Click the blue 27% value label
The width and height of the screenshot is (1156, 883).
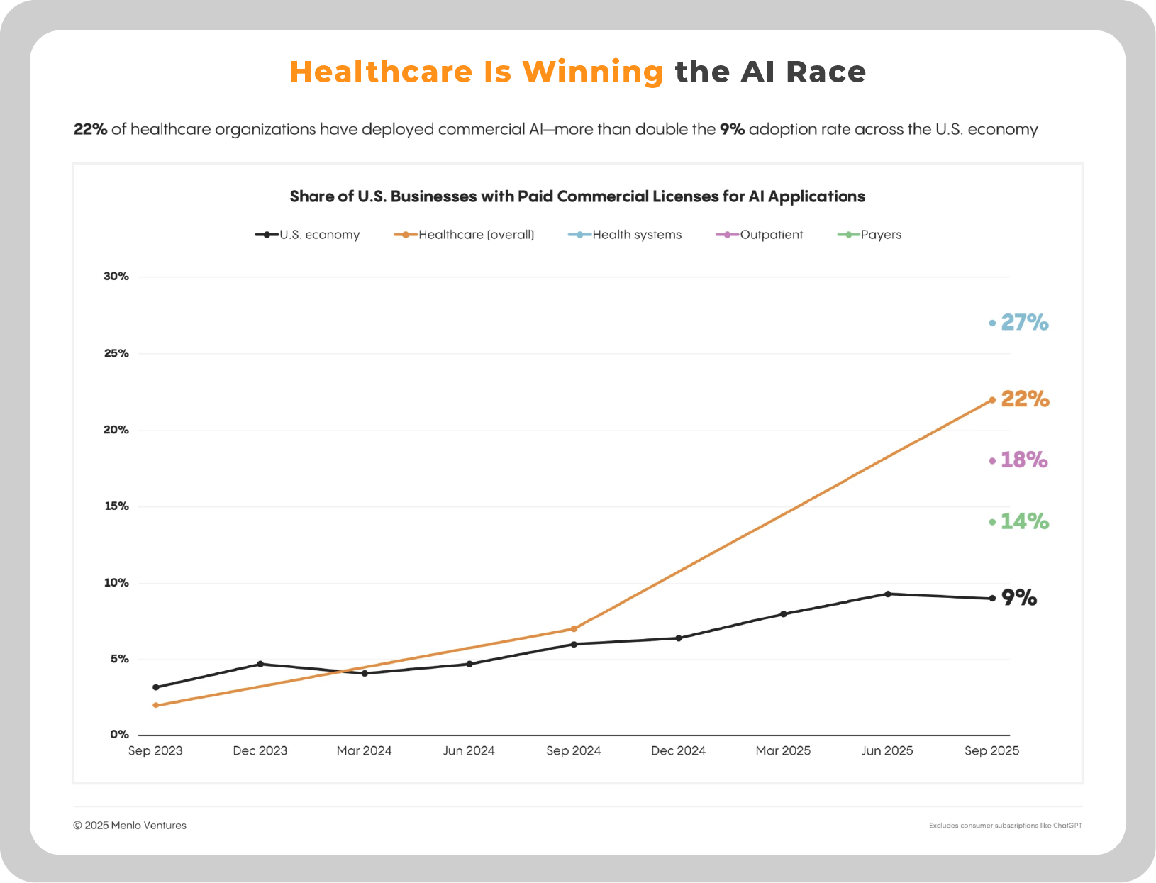coord(1024,323)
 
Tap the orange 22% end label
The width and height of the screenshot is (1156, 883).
coord(1025,399)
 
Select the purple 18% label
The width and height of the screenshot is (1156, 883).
coord(1023,460)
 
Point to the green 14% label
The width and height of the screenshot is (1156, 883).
coord(1024,522)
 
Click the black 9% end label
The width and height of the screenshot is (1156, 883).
coord(1019,598)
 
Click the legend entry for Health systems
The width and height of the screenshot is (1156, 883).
coord(625,235)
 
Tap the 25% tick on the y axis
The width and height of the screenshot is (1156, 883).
coord(116,353)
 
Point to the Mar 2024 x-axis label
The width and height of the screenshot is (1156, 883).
coord(364,750)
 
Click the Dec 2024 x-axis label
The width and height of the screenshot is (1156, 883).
coord(678,750)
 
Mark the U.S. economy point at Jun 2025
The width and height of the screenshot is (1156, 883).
coord(887,594)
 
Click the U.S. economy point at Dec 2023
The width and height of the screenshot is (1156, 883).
coord(260,664)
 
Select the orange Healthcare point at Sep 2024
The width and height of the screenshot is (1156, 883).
coord(574,628)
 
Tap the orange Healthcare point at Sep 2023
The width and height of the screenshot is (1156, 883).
coord(155,705)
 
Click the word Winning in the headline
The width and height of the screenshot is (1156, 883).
coord(592,72)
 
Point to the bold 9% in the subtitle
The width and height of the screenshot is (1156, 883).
coord(732,129)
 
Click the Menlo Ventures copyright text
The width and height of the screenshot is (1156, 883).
coord(130,826)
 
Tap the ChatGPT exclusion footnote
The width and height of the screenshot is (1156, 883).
coord(1005,826)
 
